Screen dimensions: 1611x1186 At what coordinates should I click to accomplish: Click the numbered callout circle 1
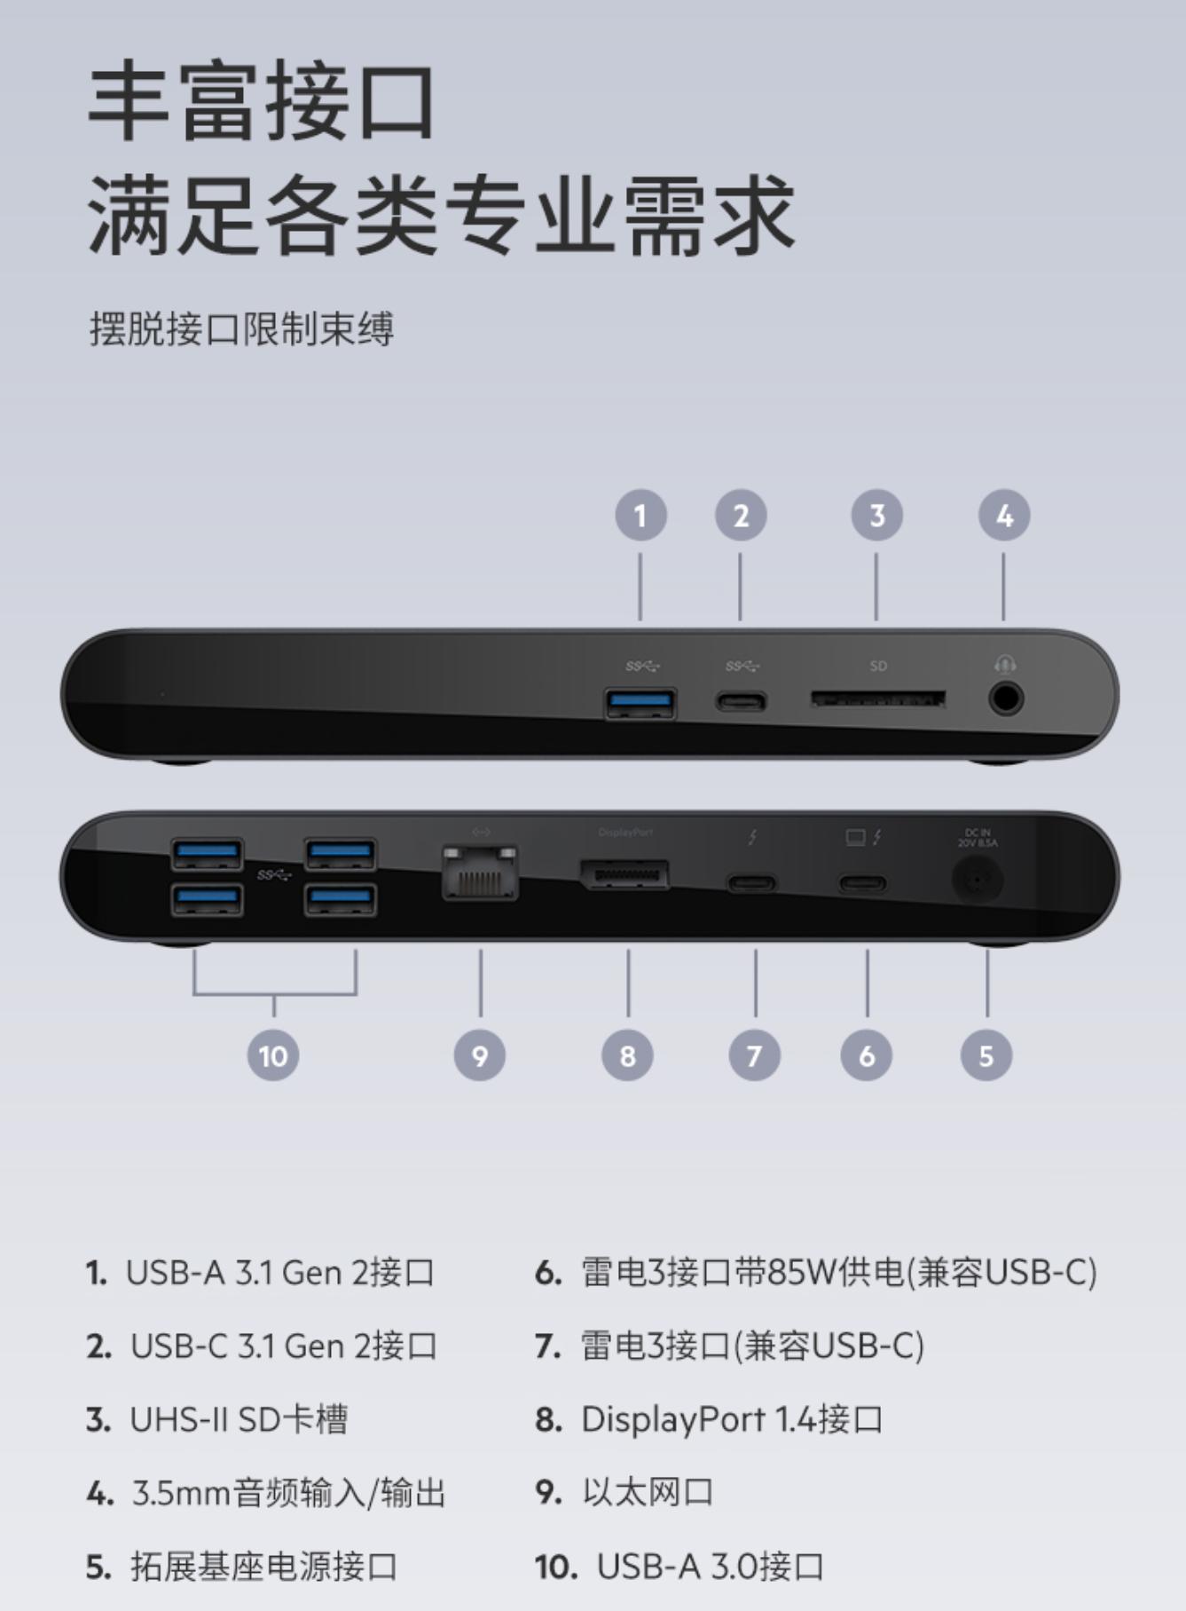coord(640,516)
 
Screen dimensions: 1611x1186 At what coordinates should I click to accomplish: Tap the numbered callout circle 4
coord(1004,516)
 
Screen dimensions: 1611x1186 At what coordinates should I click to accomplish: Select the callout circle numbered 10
coord(273,1055)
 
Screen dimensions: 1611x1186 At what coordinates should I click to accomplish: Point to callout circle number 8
coord(628,1055)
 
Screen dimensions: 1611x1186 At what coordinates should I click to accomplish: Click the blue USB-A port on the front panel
coord(640,703)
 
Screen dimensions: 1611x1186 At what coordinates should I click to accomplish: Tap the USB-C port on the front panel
coord(742,703)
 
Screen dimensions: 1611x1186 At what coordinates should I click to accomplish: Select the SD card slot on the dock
coord(877,700)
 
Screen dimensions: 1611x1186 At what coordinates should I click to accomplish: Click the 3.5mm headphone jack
coord(1005,699)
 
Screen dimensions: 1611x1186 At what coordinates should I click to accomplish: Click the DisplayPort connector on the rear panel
coord(624,875)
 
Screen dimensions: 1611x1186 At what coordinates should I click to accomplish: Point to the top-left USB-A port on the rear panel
coord(207,854)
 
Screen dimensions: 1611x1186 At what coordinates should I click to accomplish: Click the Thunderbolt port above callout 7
coord(752,883)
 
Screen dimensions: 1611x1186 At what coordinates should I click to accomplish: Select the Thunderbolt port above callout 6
coord(862,883)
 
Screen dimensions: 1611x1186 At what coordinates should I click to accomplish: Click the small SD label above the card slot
coord(878,666)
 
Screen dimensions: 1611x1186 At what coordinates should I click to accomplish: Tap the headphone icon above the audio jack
coord(1005,664)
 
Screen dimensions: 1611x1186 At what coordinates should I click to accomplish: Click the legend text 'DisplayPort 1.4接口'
coord(732,1419)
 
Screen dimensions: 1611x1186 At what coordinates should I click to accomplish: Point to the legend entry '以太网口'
coord(648,1492)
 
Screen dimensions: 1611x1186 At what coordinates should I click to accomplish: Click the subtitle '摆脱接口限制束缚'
coord(241,329)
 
